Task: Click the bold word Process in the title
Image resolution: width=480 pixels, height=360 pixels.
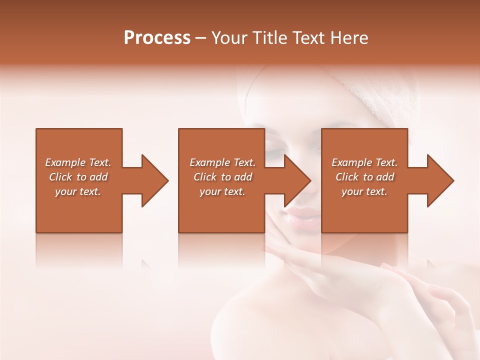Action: click(157, 38)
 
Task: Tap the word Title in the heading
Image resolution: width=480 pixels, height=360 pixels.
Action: click(267, 38)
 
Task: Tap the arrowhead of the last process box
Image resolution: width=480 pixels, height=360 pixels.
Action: click(440, 180)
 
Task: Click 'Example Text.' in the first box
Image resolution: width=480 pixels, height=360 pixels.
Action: click(78, 162)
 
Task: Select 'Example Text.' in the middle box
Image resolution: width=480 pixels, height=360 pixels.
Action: click(222, 162)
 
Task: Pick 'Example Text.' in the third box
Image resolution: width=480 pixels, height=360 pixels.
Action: click(364, 162)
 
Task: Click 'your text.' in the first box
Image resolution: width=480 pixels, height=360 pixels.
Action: click(78, 191)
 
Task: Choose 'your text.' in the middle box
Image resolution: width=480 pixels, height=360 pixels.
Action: click(222, 191)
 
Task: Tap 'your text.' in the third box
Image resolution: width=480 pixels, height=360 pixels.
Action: click(364, 191)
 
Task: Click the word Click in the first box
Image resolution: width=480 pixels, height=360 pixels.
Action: click(60, 177)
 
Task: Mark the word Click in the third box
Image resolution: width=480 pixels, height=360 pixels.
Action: click(347, 177)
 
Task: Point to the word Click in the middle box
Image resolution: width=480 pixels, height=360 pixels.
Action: click(205, 177)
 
